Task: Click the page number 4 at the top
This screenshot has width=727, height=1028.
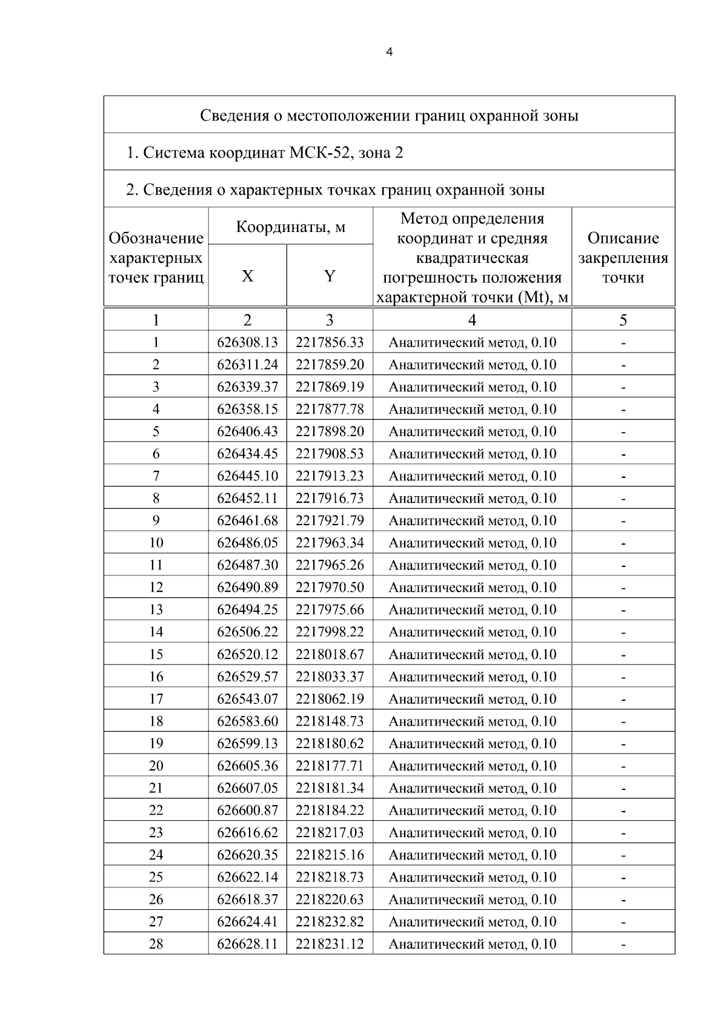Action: tap(389, 53)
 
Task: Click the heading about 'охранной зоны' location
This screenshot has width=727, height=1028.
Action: tap(389, 115)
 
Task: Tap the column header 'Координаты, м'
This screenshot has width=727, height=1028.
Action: tap(290, 227)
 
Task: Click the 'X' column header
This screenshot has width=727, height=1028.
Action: tap(247, 276)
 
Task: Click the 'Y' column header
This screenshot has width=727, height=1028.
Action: tap(330, 276)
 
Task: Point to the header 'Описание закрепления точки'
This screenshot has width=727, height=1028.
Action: tap(623, 257)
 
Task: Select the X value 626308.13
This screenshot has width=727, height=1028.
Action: tap(247, 342)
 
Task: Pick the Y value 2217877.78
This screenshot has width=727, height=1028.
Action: tap(330, 410)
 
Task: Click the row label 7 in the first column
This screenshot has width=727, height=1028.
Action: tap(156, 476)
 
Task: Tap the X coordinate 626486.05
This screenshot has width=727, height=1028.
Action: tap(247, 543)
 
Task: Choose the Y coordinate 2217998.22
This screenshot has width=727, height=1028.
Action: tap(330, 632)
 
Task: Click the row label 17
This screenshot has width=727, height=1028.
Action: tap(156, 699)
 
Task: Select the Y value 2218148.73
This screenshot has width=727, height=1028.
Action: tap(330, 721)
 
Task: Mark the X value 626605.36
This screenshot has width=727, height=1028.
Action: tap(247, 766)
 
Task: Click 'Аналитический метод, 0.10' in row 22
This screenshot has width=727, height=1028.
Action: tap(472, 811)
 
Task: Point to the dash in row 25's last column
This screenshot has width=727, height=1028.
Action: tap(623, 878)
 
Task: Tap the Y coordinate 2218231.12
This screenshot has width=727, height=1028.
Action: tap(330, 944)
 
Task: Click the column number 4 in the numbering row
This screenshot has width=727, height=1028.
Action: tap(472, 320)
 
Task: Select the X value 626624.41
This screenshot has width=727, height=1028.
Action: tap(247, 921)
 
